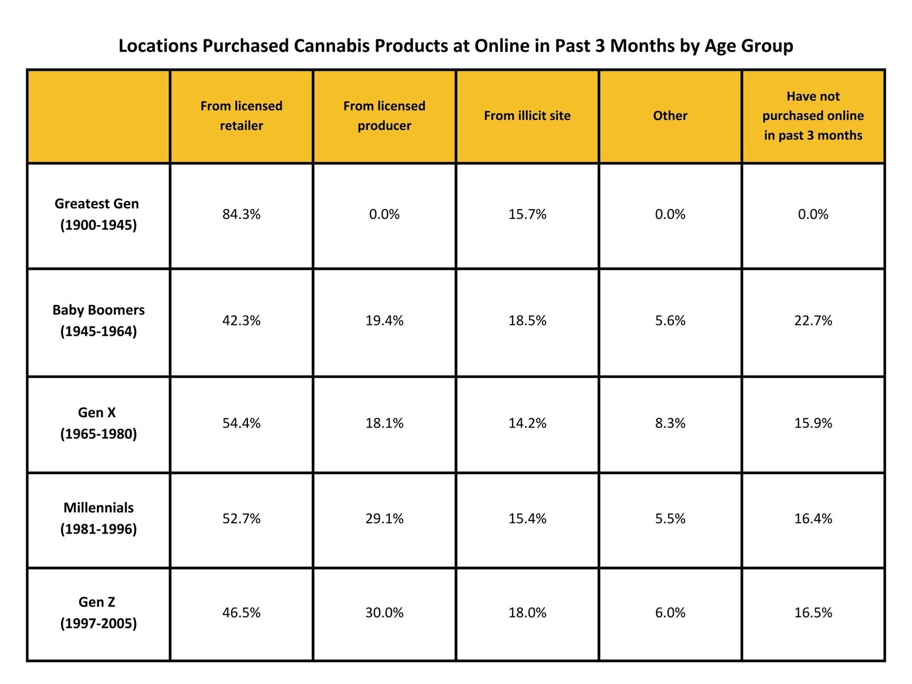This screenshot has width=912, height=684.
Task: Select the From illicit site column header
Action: click(527, 116)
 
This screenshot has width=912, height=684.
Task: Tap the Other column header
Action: click(670, 116)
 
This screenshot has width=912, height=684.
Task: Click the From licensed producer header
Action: click(384, 116)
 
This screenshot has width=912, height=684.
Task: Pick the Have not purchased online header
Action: click(813, 116)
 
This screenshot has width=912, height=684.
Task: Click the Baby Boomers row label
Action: click(98, 320)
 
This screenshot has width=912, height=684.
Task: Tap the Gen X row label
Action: click(98, 423)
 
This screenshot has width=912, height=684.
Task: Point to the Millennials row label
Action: click(98, 518)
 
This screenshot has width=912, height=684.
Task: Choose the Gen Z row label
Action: click(98, 612)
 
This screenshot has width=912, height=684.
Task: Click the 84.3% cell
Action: click(241, 214)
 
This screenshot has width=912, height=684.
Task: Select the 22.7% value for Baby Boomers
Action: click(813, 320)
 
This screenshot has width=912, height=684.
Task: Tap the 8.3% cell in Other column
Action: click(670, 423)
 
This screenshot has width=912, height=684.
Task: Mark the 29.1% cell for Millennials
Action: click(384, 518)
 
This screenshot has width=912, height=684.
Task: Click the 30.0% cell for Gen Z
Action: click(384, 612)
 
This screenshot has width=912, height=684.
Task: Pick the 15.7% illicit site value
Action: click(527, 214)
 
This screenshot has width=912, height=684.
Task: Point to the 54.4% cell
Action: click(241, 423)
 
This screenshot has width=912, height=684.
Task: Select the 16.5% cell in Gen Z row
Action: click(813, 612)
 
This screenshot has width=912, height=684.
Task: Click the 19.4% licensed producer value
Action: click(384, 320)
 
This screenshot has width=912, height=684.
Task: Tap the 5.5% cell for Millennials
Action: click(670, 518)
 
